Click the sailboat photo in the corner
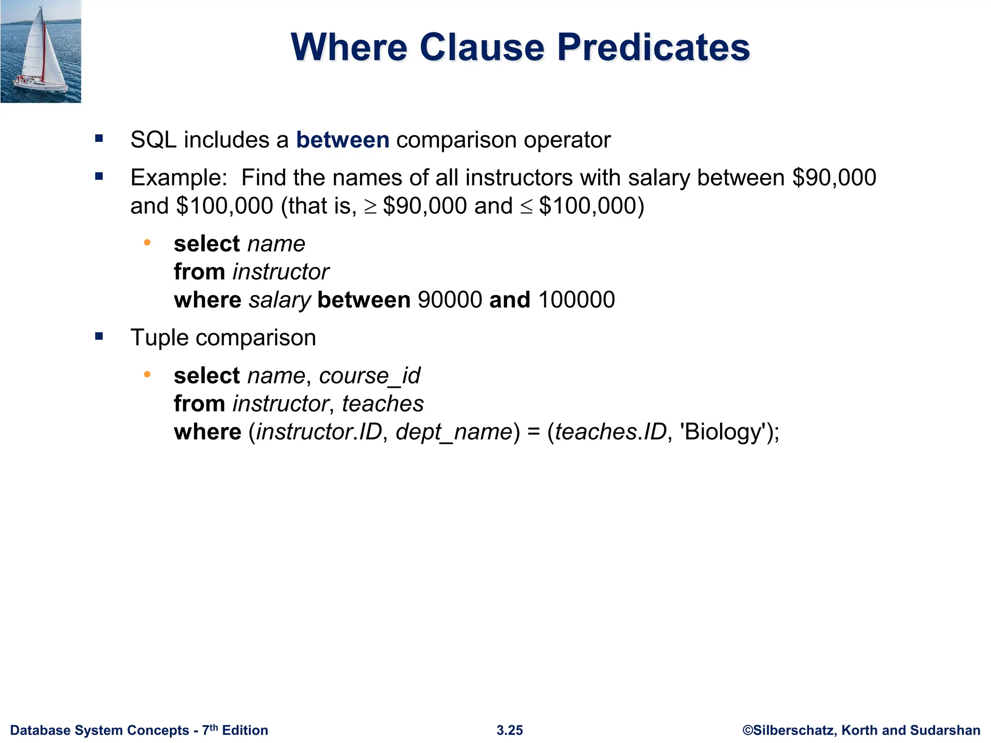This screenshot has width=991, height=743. click(41, 51)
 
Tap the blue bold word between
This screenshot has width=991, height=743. click(343, 140)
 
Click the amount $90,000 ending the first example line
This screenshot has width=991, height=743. click(834, 178)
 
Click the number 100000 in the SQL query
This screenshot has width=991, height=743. click(576, 300)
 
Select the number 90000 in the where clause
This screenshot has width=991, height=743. click(450, 300)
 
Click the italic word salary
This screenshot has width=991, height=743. click(279, 300)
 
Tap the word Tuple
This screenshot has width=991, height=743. click(159, 338)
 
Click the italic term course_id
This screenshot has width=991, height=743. click(370, 376)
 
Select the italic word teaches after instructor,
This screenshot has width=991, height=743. click(383, 404)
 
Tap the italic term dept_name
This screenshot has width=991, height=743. click(454, 432)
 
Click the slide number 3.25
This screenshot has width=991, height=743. click(510, 730)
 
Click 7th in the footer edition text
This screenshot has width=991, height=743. click(210, 729)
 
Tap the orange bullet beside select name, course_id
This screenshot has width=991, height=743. click(147, 374)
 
